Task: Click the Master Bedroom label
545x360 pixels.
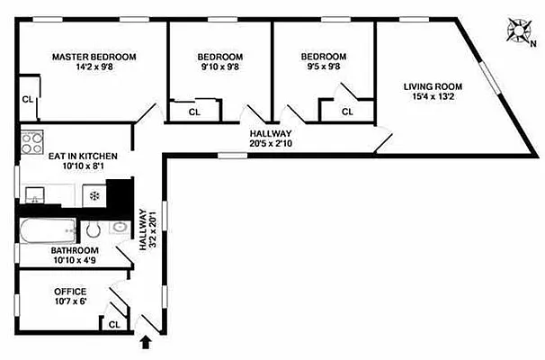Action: [94, 57]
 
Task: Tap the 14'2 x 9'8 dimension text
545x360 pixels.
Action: [94, 68]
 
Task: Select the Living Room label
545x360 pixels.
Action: [432, 86]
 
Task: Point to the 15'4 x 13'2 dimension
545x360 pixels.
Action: [432, 98]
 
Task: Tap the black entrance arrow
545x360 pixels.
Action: [146, 342]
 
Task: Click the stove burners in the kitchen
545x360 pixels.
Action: [32, 143]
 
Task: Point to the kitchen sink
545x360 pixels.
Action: [34, 195]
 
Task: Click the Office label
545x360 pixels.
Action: [69, 292]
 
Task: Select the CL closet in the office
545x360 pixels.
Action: [114, 324]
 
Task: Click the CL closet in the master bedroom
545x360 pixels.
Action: [27, 100]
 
